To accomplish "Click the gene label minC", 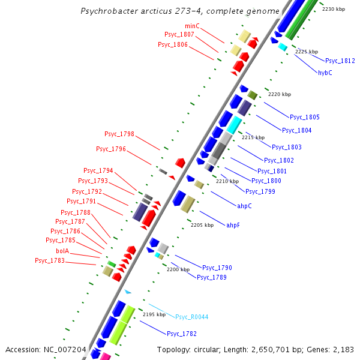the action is (192, 26).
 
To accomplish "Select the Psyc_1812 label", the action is (340, 61).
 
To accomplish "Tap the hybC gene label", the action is (325, 73).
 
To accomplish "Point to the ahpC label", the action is (244, 206).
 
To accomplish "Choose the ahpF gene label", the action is (233, 225).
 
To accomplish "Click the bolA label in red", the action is (62, 251).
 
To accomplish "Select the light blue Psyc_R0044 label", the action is (192, 316).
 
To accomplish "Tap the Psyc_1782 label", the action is (182, 334).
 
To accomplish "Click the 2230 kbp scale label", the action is (334, 9).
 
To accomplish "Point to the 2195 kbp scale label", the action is (154, 314).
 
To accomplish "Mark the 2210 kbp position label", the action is (227, 181).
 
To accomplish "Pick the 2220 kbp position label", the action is (279, 94).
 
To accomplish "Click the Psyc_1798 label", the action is (119, 134).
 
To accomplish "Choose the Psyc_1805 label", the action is (305, 117).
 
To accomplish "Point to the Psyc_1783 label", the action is (50, 260).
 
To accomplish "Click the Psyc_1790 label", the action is (217, 268).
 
